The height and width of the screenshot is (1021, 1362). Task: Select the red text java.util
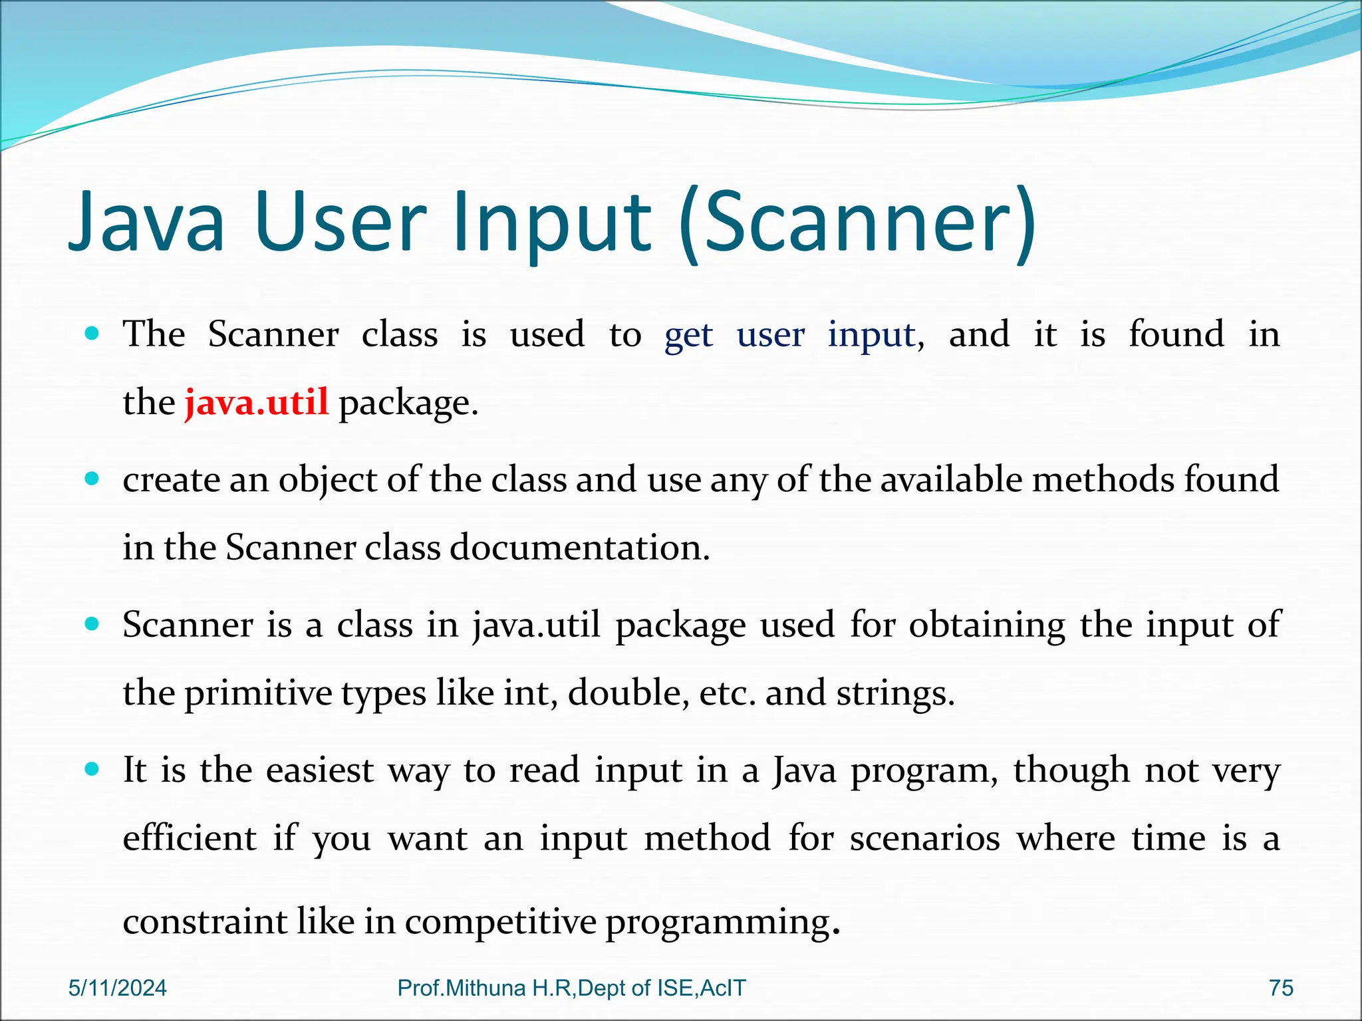(x=257, y=403)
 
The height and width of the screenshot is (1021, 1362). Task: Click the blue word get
(x=688, y=335)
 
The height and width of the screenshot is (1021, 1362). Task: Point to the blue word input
(x=871, y=335)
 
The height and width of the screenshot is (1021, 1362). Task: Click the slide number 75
(x=1281, y=988)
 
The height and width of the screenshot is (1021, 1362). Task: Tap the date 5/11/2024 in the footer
(x=118, y=988)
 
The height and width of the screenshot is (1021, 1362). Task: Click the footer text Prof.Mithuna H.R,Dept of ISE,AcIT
(x=571, y=988)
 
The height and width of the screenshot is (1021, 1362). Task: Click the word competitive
(x=501, y=922)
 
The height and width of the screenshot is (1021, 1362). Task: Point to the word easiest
(x=320, y=770)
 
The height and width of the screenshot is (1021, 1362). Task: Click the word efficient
(x=190, y=838)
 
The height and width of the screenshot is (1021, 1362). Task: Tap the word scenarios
(x=924, y=838)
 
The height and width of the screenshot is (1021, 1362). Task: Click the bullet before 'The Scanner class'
(x=92, y=333)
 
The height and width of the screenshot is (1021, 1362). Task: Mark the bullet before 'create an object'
(x=92, y=478)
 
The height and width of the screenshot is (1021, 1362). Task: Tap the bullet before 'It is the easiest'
(x=92, y=770)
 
